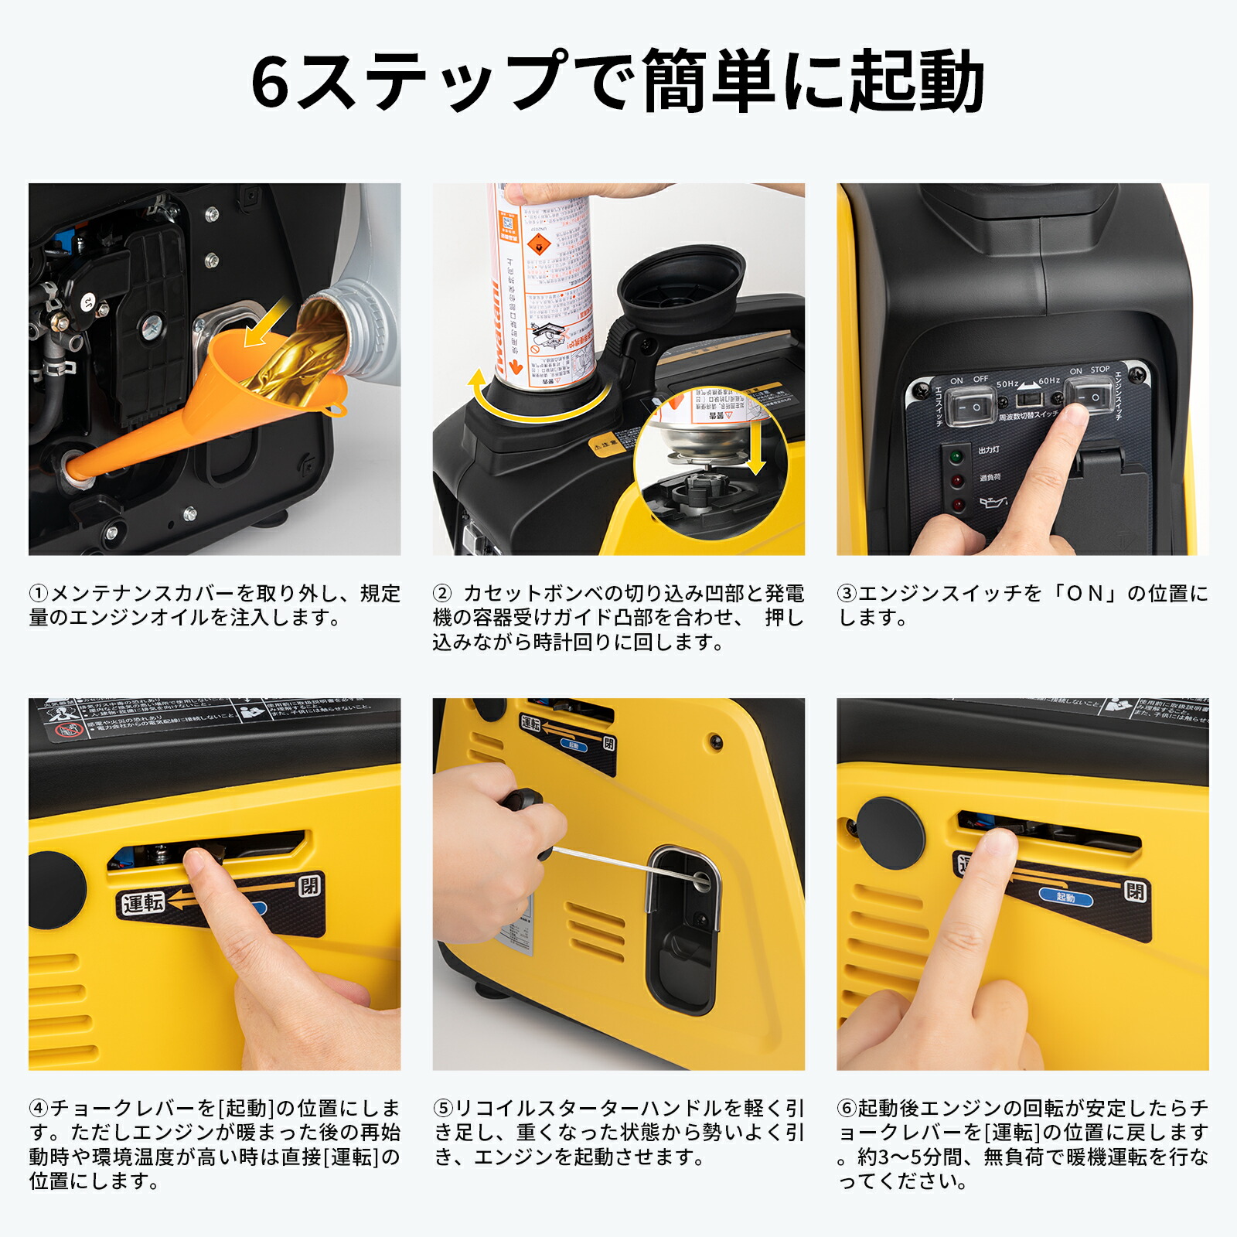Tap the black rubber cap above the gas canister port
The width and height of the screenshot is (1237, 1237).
point(681,286)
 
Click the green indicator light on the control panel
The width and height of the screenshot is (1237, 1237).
point(956,457)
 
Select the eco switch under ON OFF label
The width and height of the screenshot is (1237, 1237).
point(969,406)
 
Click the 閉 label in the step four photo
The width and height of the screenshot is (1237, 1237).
point(309,885)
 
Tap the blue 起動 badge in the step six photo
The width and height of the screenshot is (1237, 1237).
point(1065,898)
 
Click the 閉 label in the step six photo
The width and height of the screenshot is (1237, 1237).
point(1134,891)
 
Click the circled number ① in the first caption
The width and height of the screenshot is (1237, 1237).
point(38,594)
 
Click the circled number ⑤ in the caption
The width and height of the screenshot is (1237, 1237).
point(442,1109)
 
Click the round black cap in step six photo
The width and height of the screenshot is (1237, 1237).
point(890,833)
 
